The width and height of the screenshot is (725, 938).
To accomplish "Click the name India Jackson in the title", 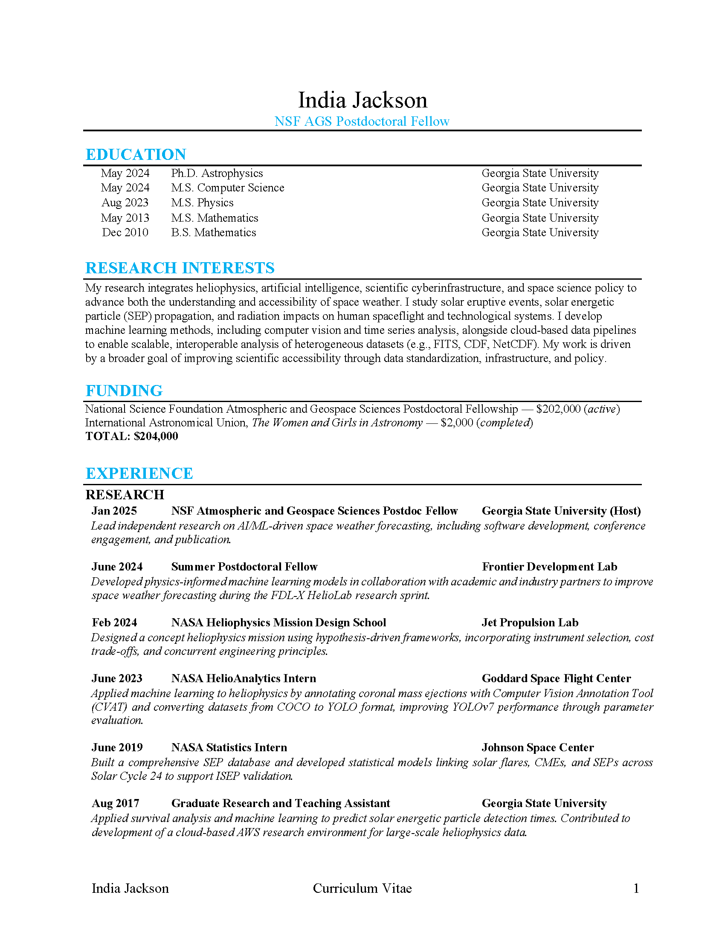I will point(362,101).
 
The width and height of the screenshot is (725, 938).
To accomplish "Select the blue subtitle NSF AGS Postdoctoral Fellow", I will point(362,122).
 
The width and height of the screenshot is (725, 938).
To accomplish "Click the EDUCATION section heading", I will point(136,155).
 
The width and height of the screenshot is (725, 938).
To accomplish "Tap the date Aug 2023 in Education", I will point(125,203).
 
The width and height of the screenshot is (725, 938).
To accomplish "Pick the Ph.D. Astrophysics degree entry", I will point(217,173).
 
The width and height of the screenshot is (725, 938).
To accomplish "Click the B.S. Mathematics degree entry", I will point(214,232).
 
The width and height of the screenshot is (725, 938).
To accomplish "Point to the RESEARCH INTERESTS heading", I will point(180,268).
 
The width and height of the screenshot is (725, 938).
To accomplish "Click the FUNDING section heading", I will point(124,391).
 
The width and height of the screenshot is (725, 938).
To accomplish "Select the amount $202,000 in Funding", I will point(558,409).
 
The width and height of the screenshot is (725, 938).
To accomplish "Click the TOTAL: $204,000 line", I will point(131,436).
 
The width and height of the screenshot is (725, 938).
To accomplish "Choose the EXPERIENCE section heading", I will point(139,473).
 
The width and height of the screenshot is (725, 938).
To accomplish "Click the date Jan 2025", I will point(114,511).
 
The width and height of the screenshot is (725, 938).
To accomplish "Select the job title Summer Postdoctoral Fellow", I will point(244,567).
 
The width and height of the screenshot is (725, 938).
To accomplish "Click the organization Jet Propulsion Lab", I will point(530,622).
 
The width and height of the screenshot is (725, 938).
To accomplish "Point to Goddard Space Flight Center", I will point(556,678).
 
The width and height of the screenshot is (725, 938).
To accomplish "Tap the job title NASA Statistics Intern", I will point(229,747).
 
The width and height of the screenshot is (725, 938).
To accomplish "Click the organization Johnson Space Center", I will point(538,747).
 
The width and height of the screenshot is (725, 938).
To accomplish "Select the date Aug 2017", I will point(116,803).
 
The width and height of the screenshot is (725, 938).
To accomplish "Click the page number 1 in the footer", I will point(636,888).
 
